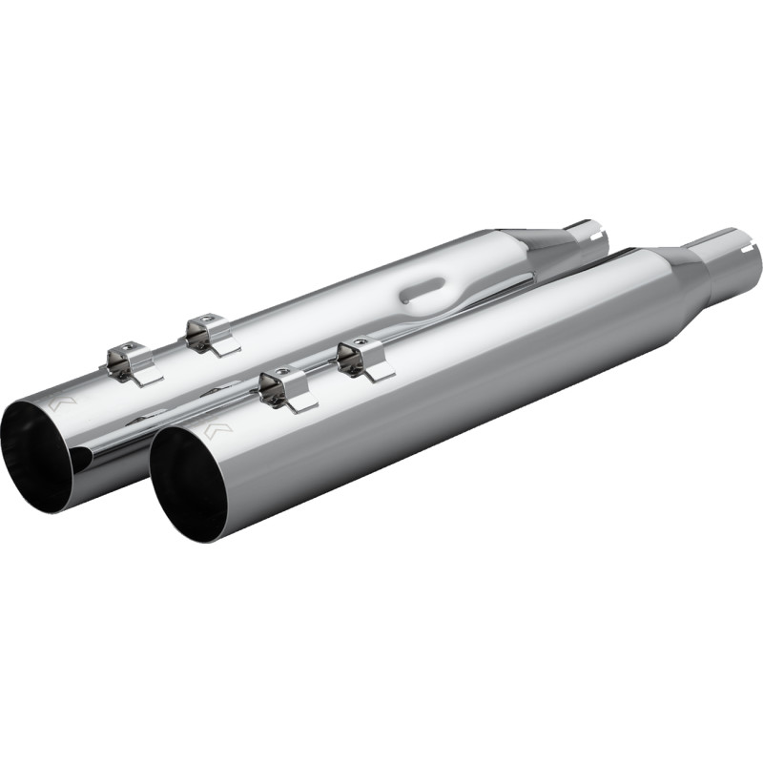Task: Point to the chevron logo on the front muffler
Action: [218, 431]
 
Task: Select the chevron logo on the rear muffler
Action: [62, 404]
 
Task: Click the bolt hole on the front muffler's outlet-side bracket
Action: [279, 373]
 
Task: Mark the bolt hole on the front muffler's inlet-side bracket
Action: [361, 340]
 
